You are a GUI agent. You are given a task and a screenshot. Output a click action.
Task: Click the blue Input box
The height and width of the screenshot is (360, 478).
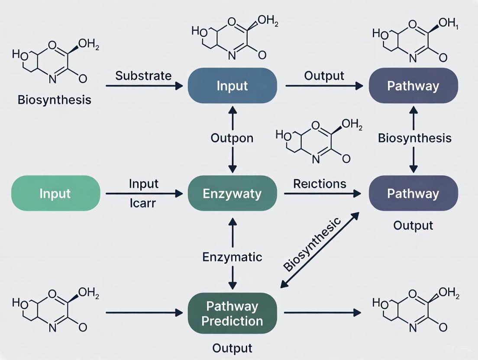tap(233, 86)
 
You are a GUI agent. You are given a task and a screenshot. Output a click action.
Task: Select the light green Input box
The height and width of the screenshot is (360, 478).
tap(55, 193)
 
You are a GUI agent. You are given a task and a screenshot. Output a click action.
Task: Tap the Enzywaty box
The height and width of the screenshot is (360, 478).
tap(233, 193)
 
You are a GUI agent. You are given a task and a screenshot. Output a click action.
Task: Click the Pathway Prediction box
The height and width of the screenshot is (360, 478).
tap(233, 313)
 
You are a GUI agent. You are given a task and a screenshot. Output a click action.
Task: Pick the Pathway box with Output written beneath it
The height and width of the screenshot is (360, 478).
tap(413, 193)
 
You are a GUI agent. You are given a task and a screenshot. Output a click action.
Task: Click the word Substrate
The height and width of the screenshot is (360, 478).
tap(143, 76)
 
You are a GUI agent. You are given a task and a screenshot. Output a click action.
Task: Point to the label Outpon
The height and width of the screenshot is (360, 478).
tap(232, 138)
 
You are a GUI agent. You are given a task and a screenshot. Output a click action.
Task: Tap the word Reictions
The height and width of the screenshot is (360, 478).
tap(320, 183)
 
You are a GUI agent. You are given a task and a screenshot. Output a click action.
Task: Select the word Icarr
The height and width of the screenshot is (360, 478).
tap(142, 202)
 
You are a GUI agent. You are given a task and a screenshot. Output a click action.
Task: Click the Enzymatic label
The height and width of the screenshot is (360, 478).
tap(232, 257)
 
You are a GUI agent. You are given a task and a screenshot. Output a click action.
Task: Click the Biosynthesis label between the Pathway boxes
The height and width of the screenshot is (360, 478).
tap(414, 138)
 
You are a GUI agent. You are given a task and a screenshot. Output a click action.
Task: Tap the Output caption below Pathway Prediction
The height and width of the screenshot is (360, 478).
tap(232, 348)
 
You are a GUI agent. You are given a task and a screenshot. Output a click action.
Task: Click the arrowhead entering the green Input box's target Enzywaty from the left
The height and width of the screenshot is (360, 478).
tap(178, 194)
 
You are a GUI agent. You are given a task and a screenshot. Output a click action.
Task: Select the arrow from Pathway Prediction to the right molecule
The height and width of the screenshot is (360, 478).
tap(322, 312)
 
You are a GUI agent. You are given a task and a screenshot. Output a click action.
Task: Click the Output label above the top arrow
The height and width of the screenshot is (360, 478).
tap(324, 76)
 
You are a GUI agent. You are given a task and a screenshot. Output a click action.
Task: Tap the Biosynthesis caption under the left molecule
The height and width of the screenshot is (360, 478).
tap(55, 100)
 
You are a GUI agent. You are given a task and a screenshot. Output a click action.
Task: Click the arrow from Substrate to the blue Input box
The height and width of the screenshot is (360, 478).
tap(144, 86)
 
